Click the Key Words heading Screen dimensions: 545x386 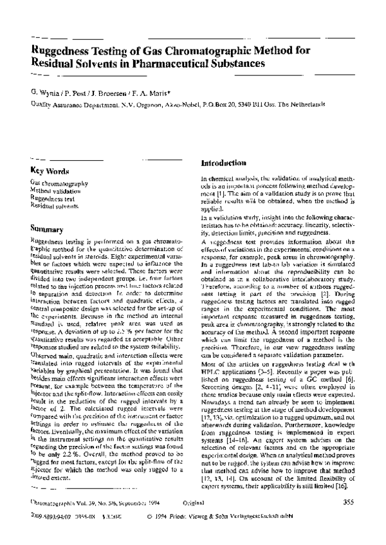coord(50,171)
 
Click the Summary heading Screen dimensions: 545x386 coord(47,228)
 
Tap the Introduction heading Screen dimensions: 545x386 coord(224,163)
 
